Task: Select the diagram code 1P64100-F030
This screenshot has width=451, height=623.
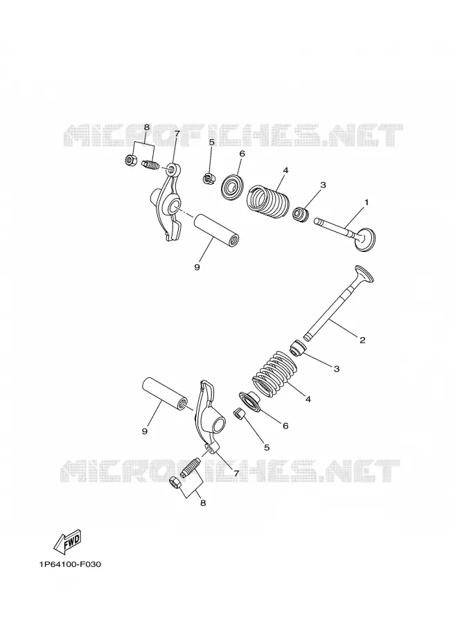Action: coord(70,564)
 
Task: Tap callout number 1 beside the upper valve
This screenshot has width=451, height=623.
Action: coord(366,202)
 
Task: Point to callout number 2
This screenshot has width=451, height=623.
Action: coord(362,340)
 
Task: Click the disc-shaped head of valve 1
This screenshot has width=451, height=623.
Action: coord(366,240)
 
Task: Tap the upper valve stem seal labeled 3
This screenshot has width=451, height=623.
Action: coord(301,214)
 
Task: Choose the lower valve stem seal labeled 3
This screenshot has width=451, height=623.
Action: coord(298,347)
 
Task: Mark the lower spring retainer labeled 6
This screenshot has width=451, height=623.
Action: coord(250,402)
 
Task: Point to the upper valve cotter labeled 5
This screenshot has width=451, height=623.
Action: coord(209,179)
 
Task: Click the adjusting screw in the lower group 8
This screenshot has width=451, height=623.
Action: coord(191,467)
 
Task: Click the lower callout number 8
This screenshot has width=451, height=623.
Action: coord(203,503)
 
